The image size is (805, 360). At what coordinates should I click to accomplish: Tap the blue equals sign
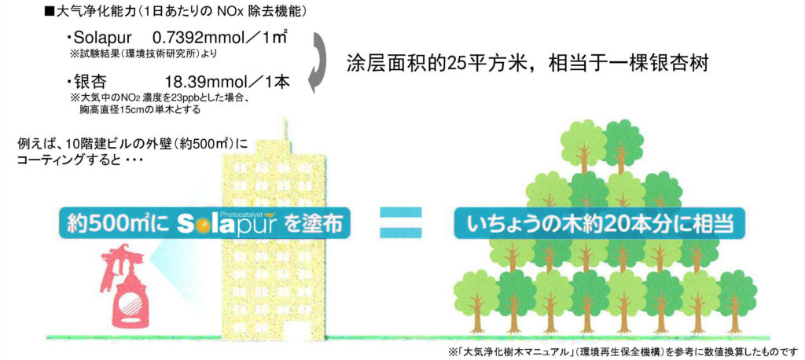point(402,223)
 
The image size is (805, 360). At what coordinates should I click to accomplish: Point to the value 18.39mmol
point(199,82)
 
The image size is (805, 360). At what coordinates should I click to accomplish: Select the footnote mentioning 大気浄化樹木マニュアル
point(621,351)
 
